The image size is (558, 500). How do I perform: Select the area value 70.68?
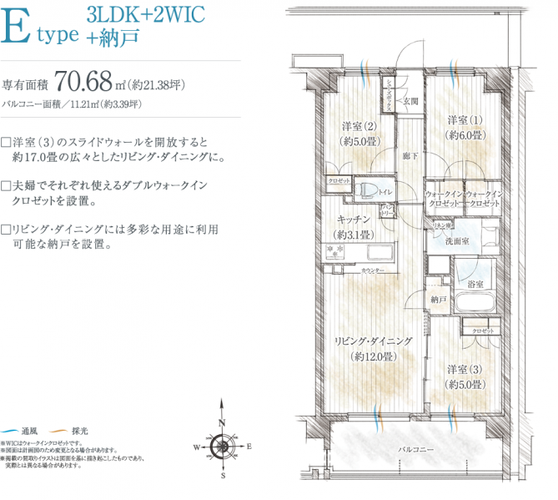click(86, 82)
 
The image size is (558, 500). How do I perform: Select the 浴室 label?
click(476, 285)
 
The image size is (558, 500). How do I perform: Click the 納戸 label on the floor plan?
click(440, 298)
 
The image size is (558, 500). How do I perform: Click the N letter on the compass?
click(223, 422)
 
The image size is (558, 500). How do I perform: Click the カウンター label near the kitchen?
click(372, 271)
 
